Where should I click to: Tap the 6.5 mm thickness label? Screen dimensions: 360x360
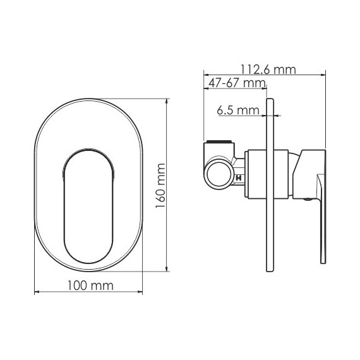coord(238,111)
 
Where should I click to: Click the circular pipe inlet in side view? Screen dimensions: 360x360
coord(220,172)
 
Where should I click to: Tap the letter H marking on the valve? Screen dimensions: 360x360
coord(238,179)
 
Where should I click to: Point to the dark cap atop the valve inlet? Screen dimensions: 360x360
coord(217,141)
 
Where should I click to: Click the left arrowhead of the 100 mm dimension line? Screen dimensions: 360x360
coord(35,292)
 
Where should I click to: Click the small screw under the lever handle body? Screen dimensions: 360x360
coord(307,199)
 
